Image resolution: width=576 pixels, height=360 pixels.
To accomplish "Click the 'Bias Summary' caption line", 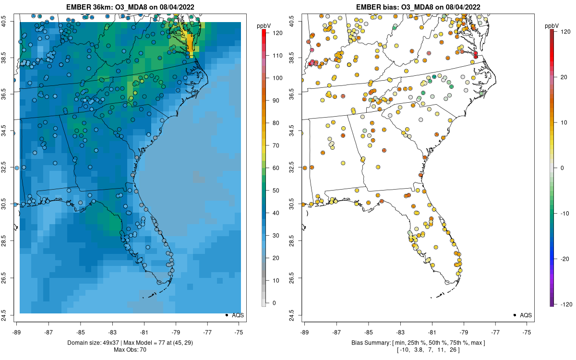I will tap(417, 343).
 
